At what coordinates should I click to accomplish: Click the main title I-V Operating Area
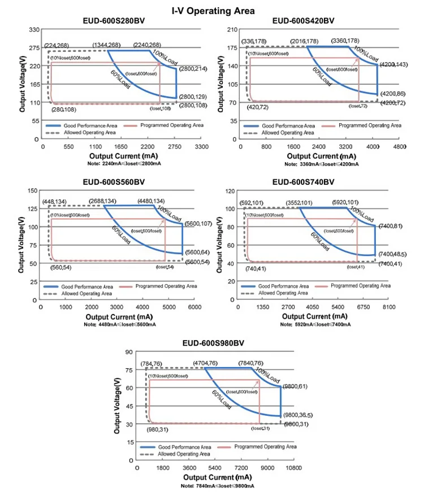pyautogui.click(x=213, y=10)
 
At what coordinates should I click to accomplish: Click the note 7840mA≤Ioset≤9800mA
pyautogui.click(x=218, y=486)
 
